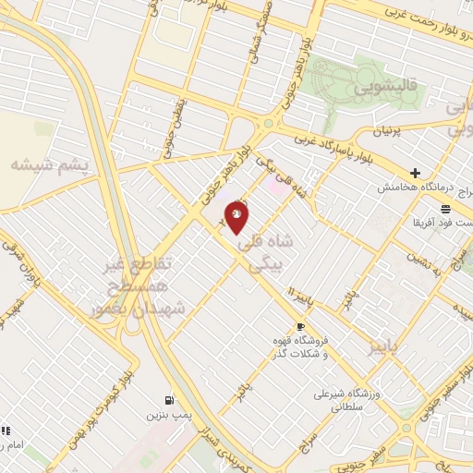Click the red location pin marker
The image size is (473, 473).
[x=237, y=217]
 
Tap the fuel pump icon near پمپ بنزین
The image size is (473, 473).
[x=168, y=400]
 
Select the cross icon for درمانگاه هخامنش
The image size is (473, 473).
[x=416, y=173]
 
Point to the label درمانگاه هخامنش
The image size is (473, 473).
[x=410, y=187]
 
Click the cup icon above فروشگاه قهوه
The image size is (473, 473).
[x=300, y=327]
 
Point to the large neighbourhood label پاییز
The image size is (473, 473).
[x=385, y=346]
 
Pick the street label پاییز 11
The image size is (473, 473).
[x=305, y=296]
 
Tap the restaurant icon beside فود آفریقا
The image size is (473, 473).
[x=446, y=208]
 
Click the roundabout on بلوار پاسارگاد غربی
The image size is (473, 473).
[x=269, y=122]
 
